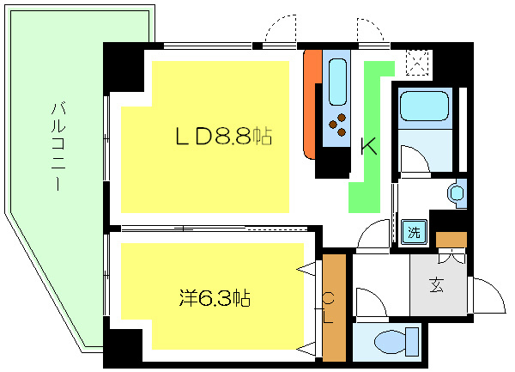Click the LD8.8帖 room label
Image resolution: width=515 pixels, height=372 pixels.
(224, 136)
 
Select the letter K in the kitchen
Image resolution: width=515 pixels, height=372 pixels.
(367, 146)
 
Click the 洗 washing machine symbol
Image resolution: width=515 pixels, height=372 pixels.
(414, 230)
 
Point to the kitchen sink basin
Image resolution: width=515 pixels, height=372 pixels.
(336, 82)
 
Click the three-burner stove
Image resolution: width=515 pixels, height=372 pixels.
(337, 125)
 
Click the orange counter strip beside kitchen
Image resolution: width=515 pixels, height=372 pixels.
(312, 103)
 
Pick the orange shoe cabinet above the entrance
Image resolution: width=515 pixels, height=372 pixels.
(450, 240)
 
